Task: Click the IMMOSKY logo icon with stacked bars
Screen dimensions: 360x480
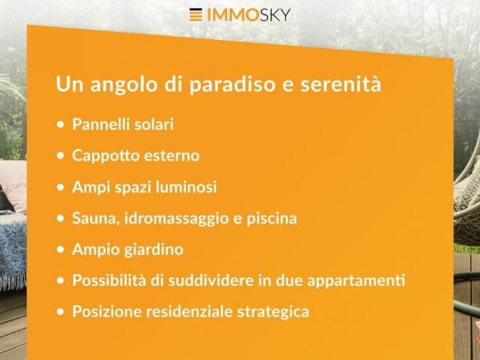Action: [x=196, y=14]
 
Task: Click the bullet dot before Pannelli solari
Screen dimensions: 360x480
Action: [x=60, y=125]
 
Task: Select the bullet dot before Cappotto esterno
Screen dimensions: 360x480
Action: [x=60, y=157]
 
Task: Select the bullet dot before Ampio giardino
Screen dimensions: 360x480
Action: [x=60, y=250]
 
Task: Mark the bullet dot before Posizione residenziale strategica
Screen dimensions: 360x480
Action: [x=60, y=312]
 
